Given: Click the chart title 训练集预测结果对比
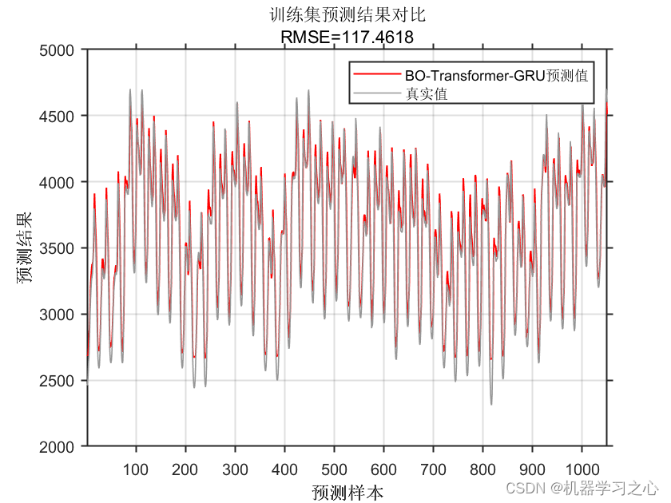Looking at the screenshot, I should (x=347, y=14).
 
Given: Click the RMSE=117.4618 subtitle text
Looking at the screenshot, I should (x=347, y=35).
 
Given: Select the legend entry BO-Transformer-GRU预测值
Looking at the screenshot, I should (x=496, y=76).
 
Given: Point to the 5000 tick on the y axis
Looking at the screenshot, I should (x=60, y=50).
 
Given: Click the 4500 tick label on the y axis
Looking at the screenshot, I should (x=60, y=117).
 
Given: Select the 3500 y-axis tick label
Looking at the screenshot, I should (x=60, y=248).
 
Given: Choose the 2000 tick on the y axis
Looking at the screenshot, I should (x=60, y=446).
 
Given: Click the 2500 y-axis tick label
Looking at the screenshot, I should (x=60, y=381).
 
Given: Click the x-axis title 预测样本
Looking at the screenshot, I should (x=347, y=491).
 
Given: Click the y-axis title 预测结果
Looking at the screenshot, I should (x=26, y=248).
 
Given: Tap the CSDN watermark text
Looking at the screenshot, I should (x=582, y=486).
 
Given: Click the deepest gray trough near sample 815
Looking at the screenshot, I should (x=491, y=403).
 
